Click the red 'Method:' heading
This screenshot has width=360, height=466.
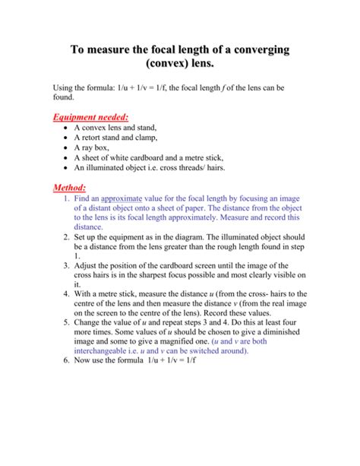[68, 187]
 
